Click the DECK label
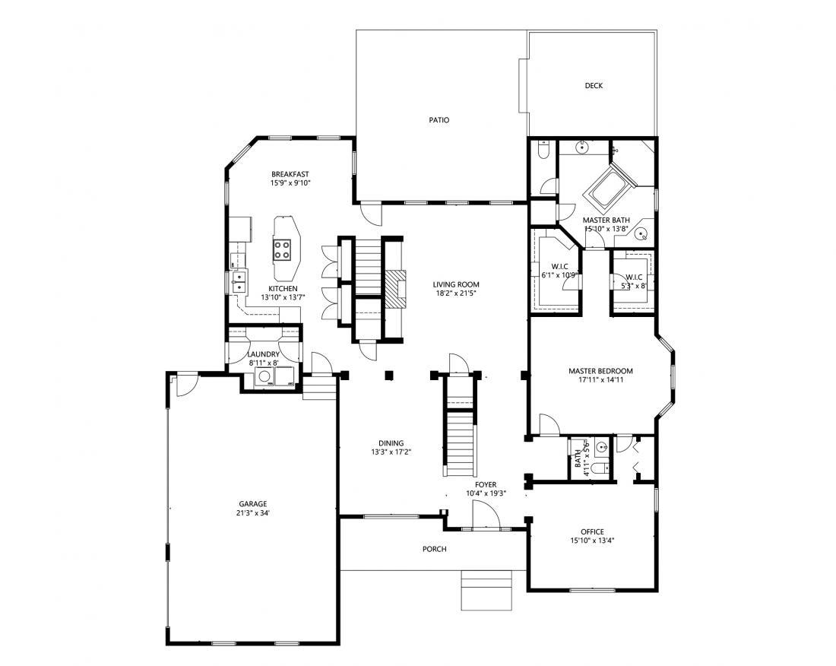(594, 85)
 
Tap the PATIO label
(439, 120)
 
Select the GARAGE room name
(253, 504)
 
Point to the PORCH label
(435, 549)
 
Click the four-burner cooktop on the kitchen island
(283, 249)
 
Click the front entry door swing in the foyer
(485, 517)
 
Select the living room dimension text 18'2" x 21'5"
(456, 293)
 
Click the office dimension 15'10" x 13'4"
(592, 540)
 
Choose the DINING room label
(391, 443)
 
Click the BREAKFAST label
(290, 174)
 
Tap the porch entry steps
(486, 590)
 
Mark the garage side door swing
(187, 385)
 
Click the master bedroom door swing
(549, 424)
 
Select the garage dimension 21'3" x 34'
(253, 513)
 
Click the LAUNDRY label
(264, 354)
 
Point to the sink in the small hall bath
(603, 446)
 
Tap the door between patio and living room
(371, 214)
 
